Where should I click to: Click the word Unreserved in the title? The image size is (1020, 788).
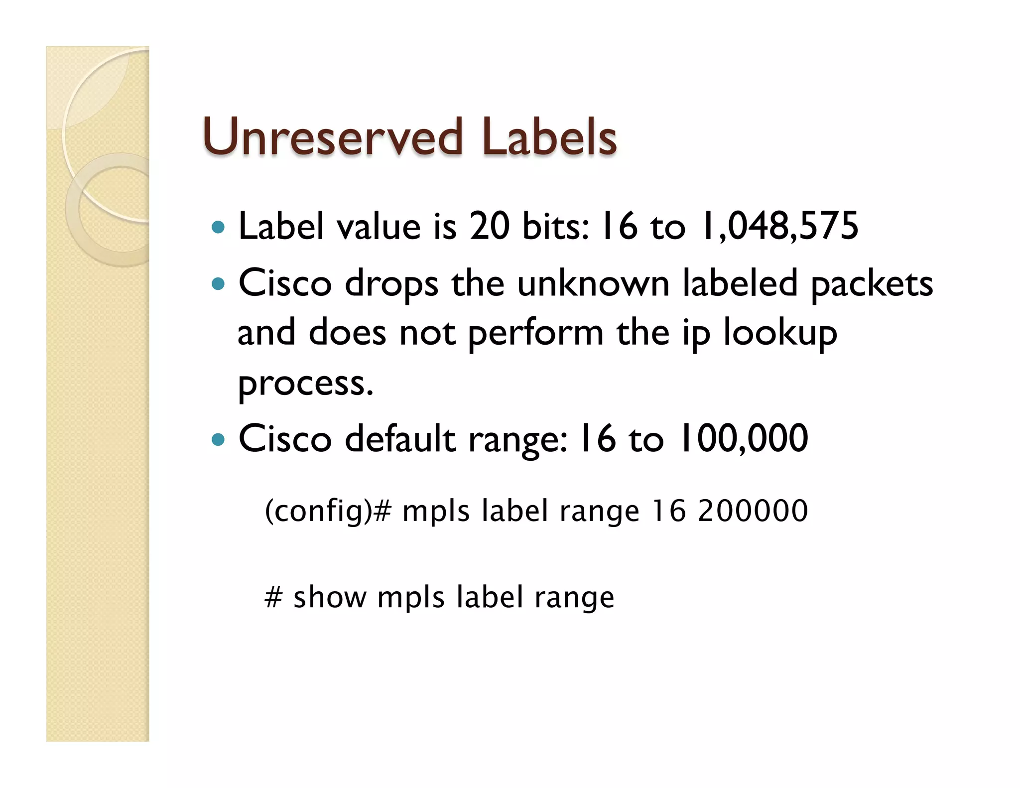[x=333, y=137]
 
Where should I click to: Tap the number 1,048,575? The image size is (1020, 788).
[x=779, y=226]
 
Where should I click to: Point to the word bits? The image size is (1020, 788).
[x=556, y=226]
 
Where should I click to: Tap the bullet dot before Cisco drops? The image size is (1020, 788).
[x=218, y=284]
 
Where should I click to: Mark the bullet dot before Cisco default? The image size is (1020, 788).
[x=218, y=440]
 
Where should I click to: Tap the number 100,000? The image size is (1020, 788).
[x=743, y=439]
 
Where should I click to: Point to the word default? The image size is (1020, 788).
[x=400, y=439]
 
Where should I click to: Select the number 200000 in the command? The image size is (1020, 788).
[x=753, y=511]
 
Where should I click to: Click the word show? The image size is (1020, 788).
[x=330, y=597]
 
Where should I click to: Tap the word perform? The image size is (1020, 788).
[x=535, y=334]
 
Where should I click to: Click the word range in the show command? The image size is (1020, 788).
[x=574, y=598]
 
